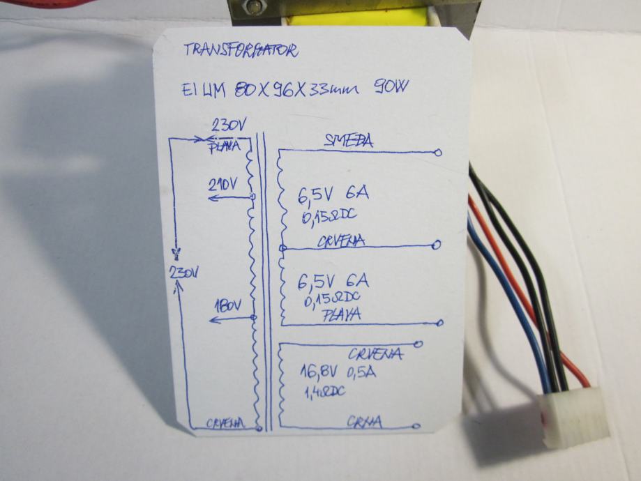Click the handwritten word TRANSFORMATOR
[241, 50]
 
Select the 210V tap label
[223, 185]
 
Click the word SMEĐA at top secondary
[348, 141]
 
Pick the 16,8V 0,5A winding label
[338, 372]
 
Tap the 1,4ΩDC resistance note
[324, 393]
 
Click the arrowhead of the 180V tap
[212, 320]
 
